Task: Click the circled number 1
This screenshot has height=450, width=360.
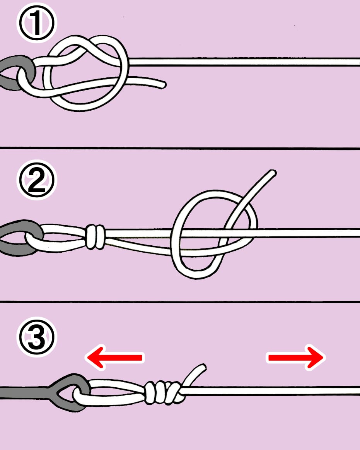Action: pyautogui.click(x=37, y=23)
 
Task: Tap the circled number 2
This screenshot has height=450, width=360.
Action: pyautogui.click(x=37, y=180)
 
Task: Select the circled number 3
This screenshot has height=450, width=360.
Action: pyautogui.click(x=37, y=337)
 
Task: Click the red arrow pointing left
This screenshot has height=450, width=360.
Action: pyautogui.click(x=114, y=358)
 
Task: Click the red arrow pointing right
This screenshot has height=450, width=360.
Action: pyautogui.click(x=296, y=358)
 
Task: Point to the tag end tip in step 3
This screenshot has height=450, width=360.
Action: pyautogui.click(x=203, y=366)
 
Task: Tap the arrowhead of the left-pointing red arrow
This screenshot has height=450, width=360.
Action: pyautogui.click(x=95, y=358)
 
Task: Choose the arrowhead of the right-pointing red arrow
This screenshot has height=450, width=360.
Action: pyautogui.click(x=316, y=358)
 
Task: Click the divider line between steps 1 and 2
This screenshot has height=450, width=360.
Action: pyautogui.click(x=180, y=148)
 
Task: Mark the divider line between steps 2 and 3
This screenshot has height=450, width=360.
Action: pyautogui.click(x=180, y=302)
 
